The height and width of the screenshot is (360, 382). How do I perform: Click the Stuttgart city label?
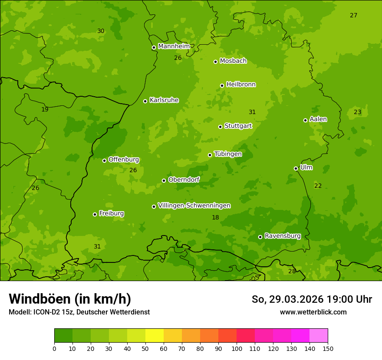(238, 126)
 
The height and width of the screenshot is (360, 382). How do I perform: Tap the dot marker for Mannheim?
(154, 48)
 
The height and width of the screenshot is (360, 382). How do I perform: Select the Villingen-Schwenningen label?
(194, 206)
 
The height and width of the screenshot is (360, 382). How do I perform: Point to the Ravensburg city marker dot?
(260, 237)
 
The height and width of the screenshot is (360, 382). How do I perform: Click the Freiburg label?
(111, 214)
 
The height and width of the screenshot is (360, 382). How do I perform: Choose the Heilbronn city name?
(241, 85)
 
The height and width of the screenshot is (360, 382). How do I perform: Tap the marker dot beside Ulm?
(296, 168)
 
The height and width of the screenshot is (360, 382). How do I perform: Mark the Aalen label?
(318, 119)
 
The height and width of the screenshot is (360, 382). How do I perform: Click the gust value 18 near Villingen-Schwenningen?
(215, 218)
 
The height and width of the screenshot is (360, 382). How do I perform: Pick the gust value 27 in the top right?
(354, 16)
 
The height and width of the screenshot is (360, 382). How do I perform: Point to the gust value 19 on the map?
(45, 110)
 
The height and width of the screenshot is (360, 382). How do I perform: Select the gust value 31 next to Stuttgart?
(252, 112)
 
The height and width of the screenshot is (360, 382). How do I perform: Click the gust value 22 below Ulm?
(318, 186)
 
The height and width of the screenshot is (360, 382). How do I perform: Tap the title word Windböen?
(40, 299)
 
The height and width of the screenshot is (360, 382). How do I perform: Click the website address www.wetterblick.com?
(313, 312)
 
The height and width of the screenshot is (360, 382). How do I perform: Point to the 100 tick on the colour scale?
(237, 348)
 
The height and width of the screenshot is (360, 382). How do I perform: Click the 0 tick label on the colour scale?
(54, 348)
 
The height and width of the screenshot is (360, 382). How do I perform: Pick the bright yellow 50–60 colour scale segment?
(155, 335)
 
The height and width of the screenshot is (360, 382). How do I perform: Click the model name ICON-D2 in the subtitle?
(47, 312)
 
